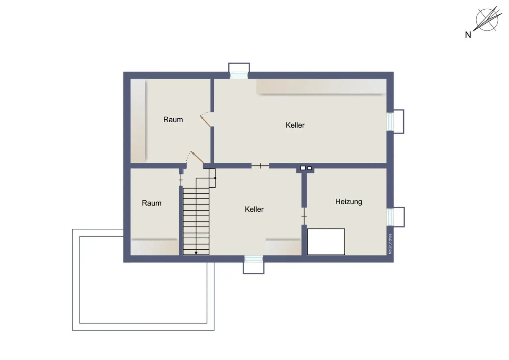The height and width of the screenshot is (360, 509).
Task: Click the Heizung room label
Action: click(348, 202)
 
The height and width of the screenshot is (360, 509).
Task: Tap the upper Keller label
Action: click(295, 125)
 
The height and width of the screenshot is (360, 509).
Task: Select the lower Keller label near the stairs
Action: click(254, 209)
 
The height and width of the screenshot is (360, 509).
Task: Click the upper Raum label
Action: click(173, 120)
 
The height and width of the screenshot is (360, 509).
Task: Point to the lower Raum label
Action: click(151, 203)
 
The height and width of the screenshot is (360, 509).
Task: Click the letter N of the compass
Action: click(468, 35)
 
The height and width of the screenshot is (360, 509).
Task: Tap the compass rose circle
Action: click(487, 20)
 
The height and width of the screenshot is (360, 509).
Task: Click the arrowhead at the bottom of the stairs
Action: click(196, 253)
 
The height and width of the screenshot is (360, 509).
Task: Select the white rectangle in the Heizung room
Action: click(326, 242)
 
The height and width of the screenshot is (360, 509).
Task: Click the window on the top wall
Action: click(239, 75)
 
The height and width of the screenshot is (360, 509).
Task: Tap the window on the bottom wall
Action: click(254, 259)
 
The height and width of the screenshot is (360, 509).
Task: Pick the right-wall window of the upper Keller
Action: click(390, 122)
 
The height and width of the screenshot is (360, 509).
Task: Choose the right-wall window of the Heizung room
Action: click(390, 217)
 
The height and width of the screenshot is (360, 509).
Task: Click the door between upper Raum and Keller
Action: click(205, 121)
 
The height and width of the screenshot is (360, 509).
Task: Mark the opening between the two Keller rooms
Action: click(260, 165)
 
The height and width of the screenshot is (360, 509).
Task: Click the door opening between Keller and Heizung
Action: click(304, 216)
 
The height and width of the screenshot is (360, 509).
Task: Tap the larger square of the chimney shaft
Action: click(303, 168)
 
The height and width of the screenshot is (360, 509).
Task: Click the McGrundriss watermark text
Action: click(390, 244)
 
